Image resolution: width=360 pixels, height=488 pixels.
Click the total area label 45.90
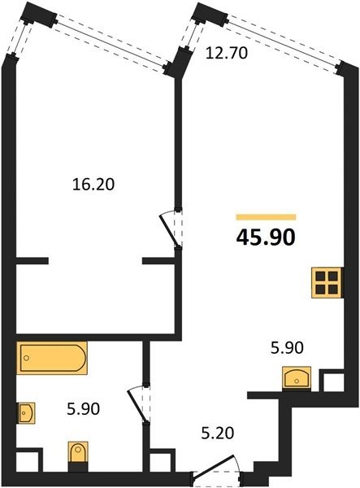[266, 238]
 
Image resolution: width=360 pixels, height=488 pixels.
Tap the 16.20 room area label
[93, 185]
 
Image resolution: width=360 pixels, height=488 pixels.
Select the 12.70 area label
[227, 53]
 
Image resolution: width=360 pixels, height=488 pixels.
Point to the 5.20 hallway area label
[217, 433]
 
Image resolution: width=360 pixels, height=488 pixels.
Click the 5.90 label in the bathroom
[84, 408]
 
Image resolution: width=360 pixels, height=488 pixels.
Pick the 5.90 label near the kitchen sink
[287, 347]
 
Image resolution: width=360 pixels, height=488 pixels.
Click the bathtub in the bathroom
[52, 358]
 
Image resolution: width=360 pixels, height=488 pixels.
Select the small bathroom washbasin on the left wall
[26, 413]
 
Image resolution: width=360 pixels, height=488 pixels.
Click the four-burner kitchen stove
[327, 283]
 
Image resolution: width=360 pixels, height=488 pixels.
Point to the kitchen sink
[297, 377]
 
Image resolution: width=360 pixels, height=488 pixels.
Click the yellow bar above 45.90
[266, 217]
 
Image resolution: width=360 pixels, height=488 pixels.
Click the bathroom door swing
[138, 404]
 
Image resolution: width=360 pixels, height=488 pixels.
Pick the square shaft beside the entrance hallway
[163, 460]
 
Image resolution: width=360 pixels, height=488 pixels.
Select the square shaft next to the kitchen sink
[332, 381]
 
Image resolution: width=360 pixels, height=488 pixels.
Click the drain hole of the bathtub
[27, 358]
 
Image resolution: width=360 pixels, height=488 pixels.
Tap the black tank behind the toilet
[78, 467]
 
